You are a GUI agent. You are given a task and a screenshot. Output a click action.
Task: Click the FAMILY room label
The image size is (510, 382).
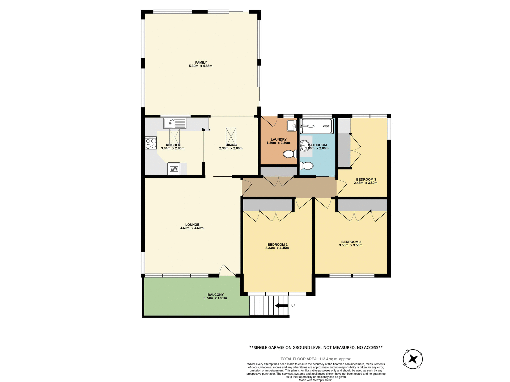201,63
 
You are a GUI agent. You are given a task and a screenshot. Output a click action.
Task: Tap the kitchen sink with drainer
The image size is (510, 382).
175,123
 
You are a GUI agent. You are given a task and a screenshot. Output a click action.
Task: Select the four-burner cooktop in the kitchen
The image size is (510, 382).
151,143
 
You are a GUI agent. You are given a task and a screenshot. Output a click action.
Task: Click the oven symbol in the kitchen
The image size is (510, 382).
174,169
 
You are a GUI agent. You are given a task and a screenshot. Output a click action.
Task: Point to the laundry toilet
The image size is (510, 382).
290,154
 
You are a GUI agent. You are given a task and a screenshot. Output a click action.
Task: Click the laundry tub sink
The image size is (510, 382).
292,125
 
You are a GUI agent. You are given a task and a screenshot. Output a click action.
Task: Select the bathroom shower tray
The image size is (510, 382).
316,126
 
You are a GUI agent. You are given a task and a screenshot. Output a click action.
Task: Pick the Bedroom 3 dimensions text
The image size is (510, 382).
365,183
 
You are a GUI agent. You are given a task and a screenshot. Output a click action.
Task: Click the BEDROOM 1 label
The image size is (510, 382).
277,245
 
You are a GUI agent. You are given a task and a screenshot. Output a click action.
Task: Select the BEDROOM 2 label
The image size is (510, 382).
351,242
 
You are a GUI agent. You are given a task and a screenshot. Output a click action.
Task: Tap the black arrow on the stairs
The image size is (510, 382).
281,306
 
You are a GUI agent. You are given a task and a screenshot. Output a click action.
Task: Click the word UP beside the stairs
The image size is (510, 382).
293,306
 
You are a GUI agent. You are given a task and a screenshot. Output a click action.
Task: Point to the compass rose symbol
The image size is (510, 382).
413,359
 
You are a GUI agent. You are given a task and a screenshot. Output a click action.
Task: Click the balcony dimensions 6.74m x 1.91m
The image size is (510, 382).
215,298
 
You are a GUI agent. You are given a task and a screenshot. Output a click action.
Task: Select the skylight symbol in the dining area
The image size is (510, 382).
231,136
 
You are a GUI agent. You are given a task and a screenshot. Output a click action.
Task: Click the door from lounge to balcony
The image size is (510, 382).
227,271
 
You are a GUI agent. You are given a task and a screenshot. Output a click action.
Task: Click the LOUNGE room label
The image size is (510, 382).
192,225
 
